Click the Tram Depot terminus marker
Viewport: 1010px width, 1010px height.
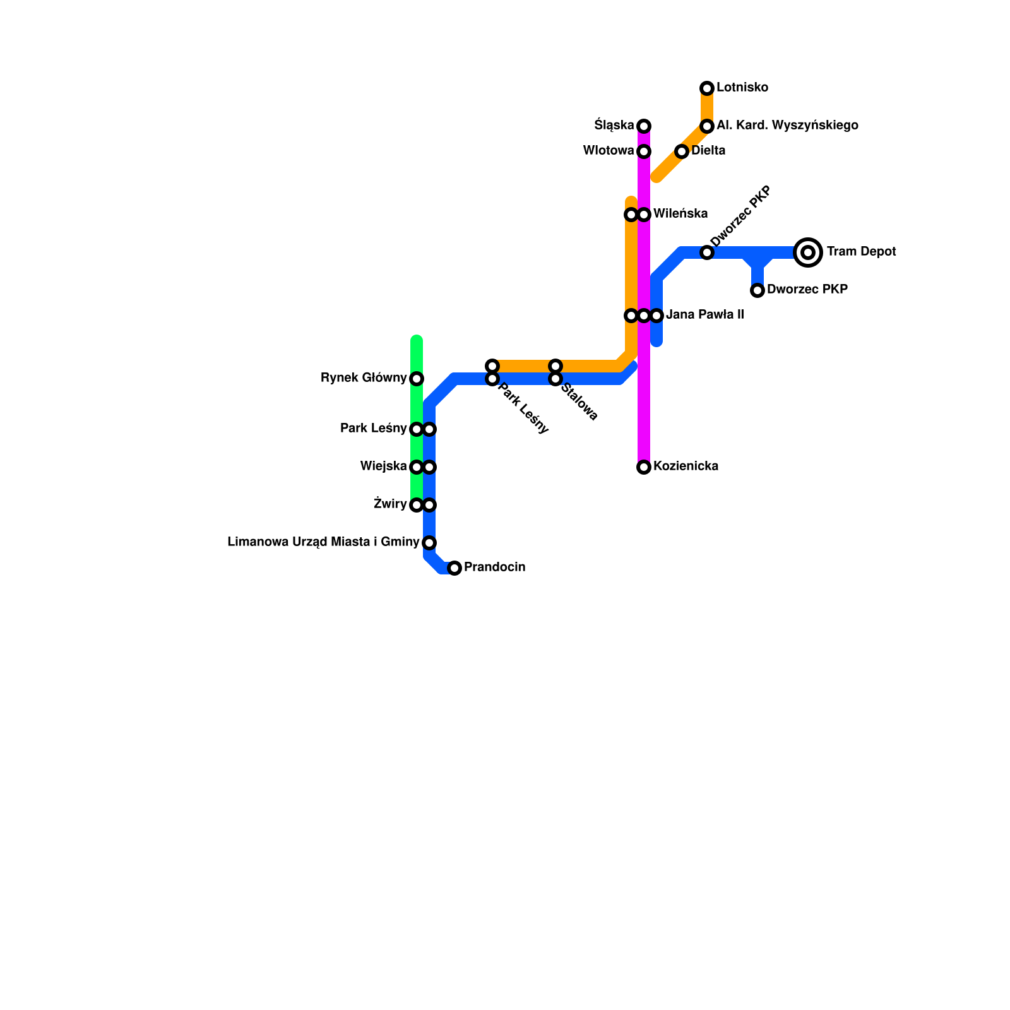click(808, 252)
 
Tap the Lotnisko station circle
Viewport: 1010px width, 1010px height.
click(707, 88)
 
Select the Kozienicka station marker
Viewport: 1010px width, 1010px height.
click(644, 467)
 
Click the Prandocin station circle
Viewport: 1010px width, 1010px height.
click(454, 568)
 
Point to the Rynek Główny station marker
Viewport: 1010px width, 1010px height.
click(417, 379)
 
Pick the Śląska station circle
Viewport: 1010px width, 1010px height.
click(644, 126)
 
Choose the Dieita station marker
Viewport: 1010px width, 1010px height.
click(682, 151)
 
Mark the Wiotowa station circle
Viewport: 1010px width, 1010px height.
click(644, 151)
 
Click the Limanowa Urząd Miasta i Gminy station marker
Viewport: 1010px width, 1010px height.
click(429, 543)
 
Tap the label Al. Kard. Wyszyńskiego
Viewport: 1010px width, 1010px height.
click(787, 126)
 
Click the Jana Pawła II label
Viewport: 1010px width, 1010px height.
click(704, 315)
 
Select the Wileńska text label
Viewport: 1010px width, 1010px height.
click(680, 214)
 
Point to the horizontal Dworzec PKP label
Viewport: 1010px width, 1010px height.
click(807, 290)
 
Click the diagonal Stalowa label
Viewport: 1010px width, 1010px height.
click(579, 402)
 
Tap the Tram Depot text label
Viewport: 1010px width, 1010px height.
click(861, 252)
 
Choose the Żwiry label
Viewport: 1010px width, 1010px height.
click(389, 504)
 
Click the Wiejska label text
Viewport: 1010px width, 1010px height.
click(383, 466)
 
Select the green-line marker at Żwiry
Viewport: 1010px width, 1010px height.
click(417, 505)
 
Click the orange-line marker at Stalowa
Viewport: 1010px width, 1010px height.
click(555, 366)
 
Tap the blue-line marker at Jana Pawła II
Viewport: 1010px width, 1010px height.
click(656, 316)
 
